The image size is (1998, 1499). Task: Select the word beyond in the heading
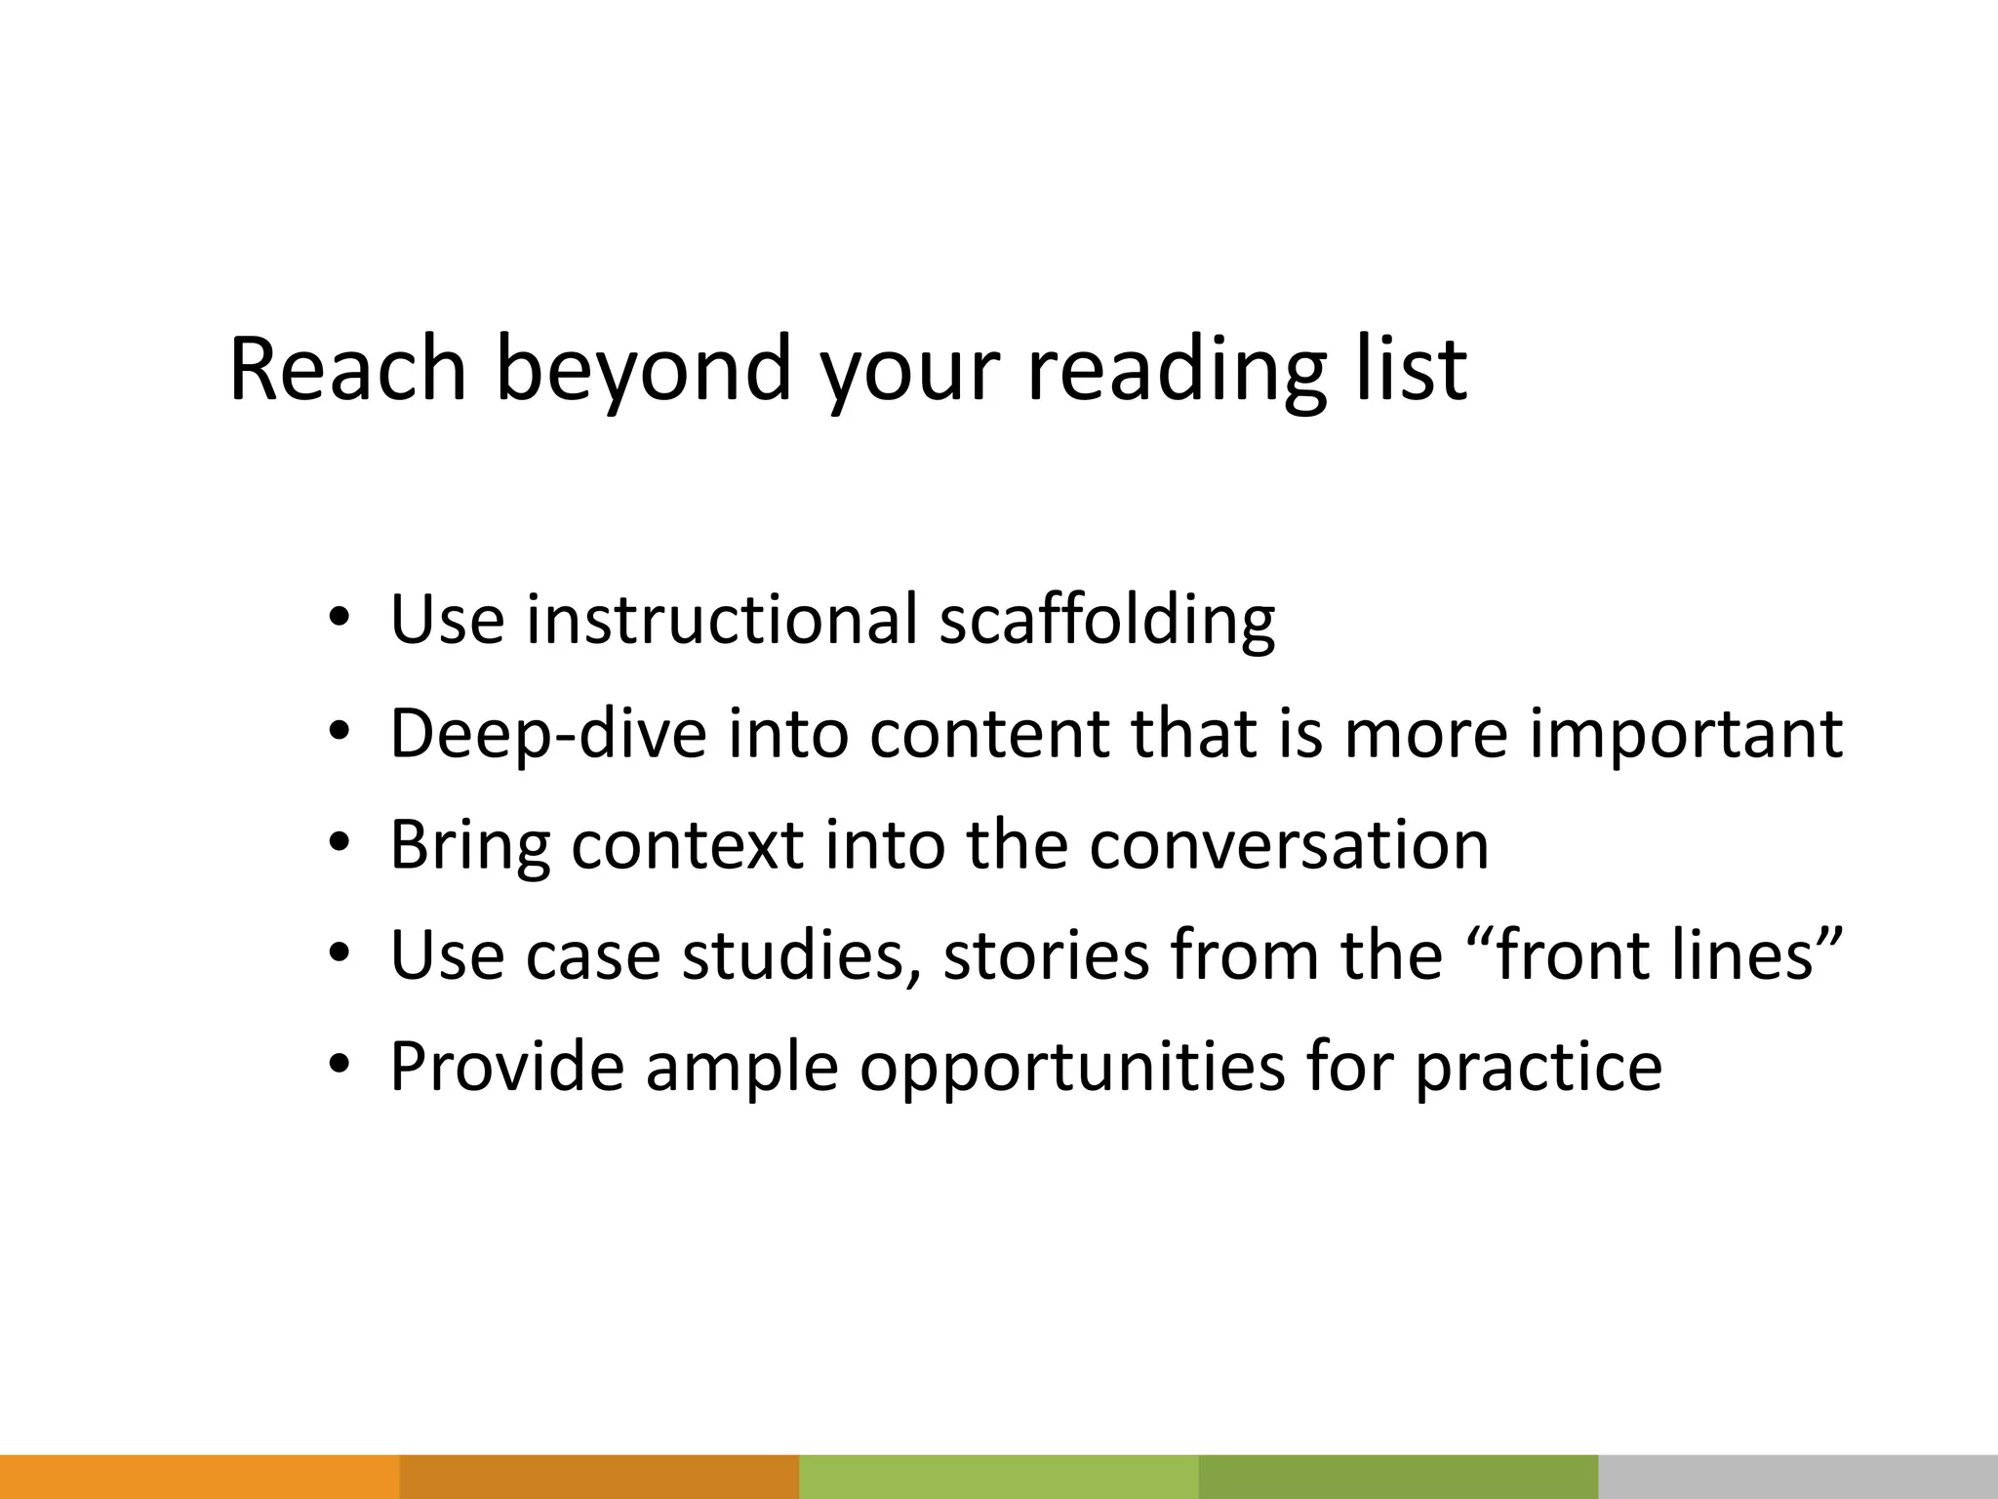643,371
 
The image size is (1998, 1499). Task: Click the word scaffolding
1106,621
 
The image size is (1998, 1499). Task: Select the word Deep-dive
547,734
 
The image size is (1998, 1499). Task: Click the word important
1686,734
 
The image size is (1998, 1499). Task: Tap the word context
687,844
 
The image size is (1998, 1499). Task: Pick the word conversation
1288,844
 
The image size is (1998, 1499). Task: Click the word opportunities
1072,1068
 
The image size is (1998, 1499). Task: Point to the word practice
1538,1068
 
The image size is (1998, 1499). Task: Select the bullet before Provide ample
338,1066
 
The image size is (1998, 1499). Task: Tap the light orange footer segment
199,1477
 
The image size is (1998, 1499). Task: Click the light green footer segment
998,1477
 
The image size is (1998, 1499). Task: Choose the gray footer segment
1798,1477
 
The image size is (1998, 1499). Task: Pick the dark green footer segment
1398,1477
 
